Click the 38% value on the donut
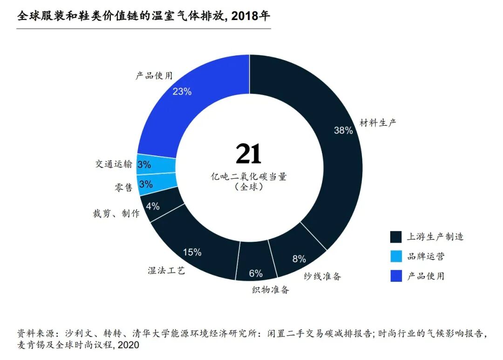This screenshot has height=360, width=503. click(343, 131)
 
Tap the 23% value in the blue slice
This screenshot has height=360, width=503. click(182, 91)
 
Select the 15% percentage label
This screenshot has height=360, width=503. click(192, 252)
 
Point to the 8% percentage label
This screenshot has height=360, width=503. click(299, 259)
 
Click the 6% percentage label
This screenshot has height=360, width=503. click(256, 273)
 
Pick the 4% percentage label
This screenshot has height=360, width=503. click(153, 206)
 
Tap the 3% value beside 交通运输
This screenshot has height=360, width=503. click(144, 164)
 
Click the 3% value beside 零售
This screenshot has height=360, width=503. click(146, 184)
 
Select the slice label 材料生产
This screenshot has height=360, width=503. click(378, 123)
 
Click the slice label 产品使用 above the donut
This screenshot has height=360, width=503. click(154, 75)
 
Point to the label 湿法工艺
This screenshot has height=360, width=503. click(166, 270)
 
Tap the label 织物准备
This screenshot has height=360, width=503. click(271, 290)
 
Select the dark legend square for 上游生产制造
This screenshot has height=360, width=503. click(396, 237)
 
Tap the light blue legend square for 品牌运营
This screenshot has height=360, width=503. click(396, 257)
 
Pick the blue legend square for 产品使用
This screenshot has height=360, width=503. click(396, 276)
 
